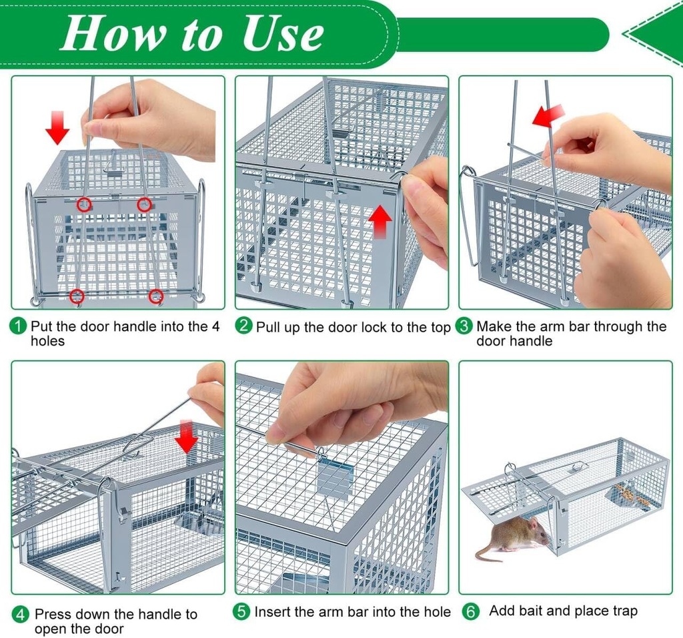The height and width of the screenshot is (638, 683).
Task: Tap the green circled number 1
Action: [19, 326]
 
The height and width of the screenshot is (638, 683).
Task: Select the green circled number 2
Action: [244, 326]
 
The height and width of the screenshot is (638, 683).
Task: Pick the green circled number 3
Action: [464, 326]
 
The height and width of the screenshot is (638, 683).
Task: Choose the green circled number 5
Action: [242, 611]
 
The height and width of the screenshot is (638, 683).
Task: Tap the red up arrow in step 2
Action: [380, 220]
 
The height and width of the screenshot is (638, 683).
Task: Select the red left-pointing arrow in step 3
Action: [548, 115]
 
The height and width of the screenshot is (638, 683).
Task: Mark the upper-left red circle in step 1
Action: [84, 205]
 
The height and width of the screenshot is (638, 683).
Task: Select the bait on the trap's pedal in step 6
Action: [624, 495]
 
